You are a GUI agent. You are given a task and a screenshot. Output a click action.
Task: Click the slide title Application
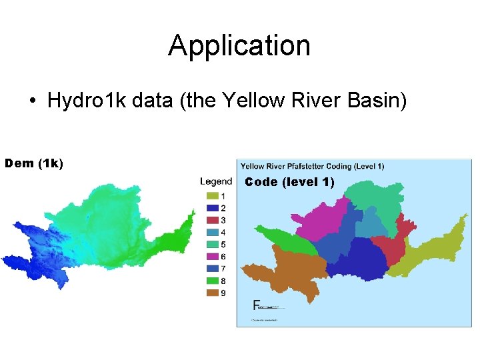[x=239, y=45]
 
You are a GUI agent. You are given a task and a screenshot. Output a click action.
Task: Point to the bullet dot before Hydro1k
[x=32, y=102]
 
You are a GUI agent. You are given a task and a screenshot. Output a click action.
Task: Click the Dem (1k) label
[x=34, y=163]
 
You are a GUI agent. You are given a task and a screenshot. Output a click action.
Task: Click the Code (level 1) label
[x=289, y=182]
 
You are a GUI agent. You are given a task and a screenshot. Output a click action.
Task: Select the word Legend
[x=216, y=181]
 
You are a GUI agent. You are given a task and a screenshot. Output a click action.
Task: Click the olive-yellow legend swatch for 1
[x=212, y=197]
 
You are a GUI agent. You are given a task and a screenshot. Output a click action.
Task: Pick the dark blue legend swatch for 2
[x=212, y=209]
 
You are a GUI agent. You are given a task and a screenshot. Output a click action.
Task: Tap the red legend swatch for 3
[x=212, y=221]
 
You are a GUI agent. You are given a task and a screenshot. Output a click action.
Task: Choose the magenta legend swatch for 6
[x=212, y=257]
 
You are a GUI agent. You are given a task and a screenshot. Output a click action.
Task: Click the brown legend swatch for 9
[x=212, y=293]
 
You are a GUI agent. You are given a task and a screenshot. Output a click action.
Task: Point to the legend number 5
[x=223, y=245]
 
